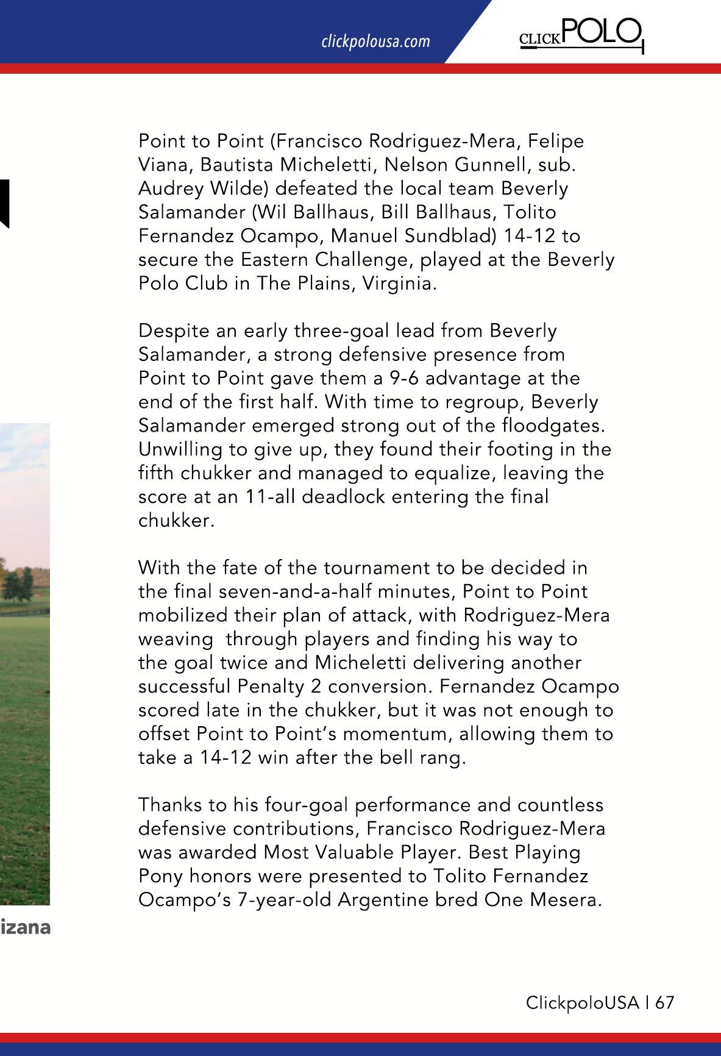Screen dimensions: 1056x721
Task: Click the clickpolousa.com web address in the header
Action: [375, 41]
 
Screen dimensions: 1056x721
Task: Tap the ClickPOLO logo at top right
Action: [580, 34]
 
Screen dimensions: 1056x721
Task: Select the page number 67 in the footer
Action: [665, 1003]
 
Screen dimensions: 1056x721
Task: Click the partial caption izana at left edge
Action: [25, 928]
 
